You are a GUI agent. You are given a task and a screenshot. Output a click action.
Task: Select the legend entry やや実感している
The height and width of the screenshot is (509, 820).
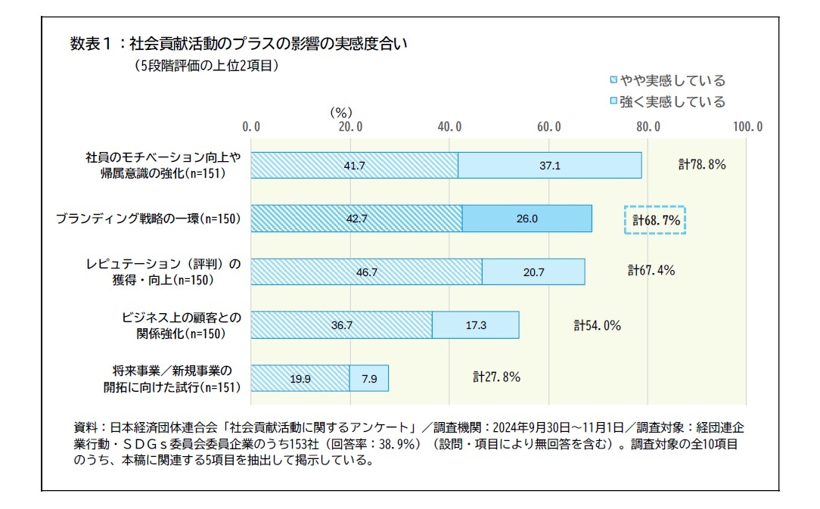coord(666,81)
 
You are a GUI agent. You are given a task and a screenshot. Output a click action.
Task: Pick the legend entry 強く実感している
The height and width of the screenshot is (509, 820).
coord(666,101)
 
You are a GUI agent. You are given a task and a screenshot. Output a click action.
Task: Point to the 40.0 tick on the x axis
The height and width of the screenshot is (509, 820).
coord(449,126)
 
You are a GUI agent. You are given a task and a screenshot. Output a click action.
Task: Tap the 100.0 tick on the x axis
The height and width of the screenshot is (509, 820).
coord(747,126)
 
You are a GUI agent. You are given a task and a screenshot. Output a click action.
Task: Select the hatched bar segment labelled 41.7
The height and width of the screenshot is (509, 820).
coord(354,166)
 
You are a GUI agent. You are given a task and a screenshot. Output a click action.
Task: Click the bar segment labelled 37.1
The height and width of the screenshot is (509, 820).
coord(550,166)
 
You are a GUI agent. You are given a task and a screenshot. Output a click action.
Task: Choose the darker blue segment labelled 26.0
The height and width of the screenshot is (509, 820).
coord(526,219)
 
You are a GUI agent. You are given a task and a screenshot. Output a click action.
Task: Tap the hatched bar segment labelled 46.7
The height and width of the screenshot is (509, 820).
coord(366,272)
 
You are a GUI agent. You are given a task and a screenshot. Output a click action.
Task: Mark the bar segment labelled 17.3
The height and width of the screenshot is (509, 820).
coord(476,324)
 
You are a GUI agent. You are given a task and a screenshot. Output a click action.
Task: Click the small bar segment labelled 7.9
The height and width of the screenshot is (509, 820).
coord(369,378)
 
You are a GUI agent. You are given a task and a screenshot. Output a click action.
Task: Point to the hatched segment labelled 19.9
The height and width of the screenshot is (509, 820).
coord(300,378)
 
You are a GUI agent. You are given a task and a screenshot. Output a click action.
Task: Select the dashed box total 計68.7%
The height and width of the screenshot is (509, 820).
coord(655,220)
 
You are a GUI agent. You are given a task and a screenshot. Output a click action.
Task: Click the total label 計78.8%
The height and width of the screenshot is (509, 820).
coord(701,164)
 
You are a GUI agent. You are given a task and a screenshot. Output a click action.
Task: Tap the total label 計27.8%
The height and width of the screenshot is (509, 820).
coord(496,377)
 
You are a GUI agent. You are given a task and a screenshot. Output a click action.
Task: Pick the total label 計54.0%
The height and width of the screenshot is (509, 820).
coord(597,325)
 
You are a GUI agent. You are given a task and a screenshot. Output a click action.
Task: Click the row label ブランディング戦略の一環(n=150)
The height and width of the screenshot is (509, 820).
coord(148,219)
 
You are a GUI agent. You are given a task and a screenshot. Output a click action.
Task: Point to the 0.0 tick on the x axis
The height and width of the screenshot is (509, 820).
coord(251,126)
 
